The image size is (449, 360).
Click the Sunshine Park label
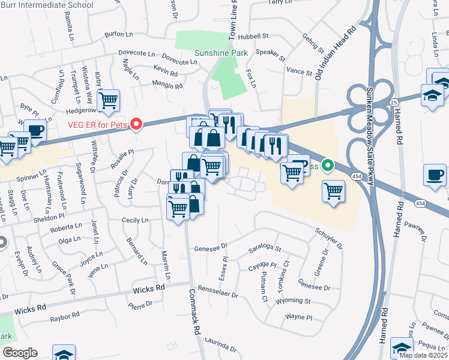coord(221,53)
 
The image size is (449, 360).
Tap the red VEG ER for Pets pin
coord(136,124)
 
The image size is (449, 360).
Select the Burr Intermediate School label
coord(47,5)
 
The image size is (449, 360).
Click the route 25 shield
coord(394,103)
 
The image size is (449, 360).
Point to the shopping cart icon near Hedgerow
coord(109,100)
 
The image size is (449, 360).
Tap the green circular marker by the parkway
coord(327,164)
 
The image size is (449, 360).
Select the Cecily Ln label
coord(135,220)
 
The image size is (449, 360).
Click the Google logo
coord(20,353)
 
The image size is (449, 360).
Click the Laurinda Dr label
coord(220,345)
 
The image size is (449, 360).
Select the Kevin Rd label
coord(165,73)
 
